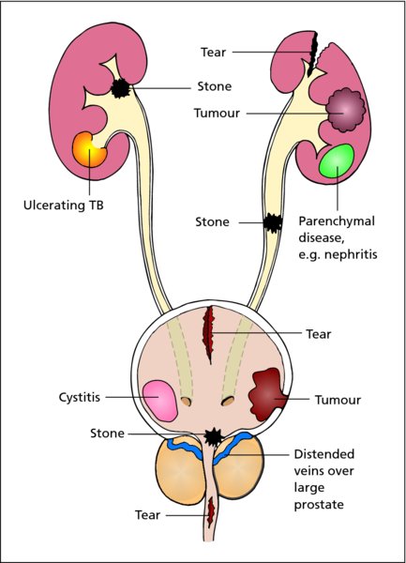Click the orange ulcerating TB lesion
click(x=89, y=149)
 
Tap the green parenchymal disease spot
click(x=337, y=160)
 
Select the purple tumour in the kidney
click(x=345, y=110)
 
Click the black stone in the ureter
click(x=273, y=223)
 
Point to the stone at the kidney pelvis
click(x=121, y=88)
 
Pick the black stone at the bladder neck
click(x=214, y=436)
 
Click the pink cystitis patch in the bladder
click(x=160, y=401)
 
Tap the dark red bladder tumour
click(x=267, y=394)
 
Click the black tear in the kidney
click(x=313, y=53)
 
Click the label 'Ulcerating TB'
click(x=64, y=205)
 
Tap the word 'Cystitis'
click(x=80, y=398)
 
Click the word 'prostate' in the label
click(x=319, y=505)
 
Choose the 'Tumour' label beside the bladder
click(x=338, y=400)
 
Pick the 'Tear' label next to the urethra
click(x=147, y=515)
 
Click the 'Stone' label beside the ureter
click(x=212, y=221)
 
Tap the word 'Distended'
click(x=323, y=454)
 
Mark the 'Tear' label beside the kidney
click(x=214, y=52)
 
